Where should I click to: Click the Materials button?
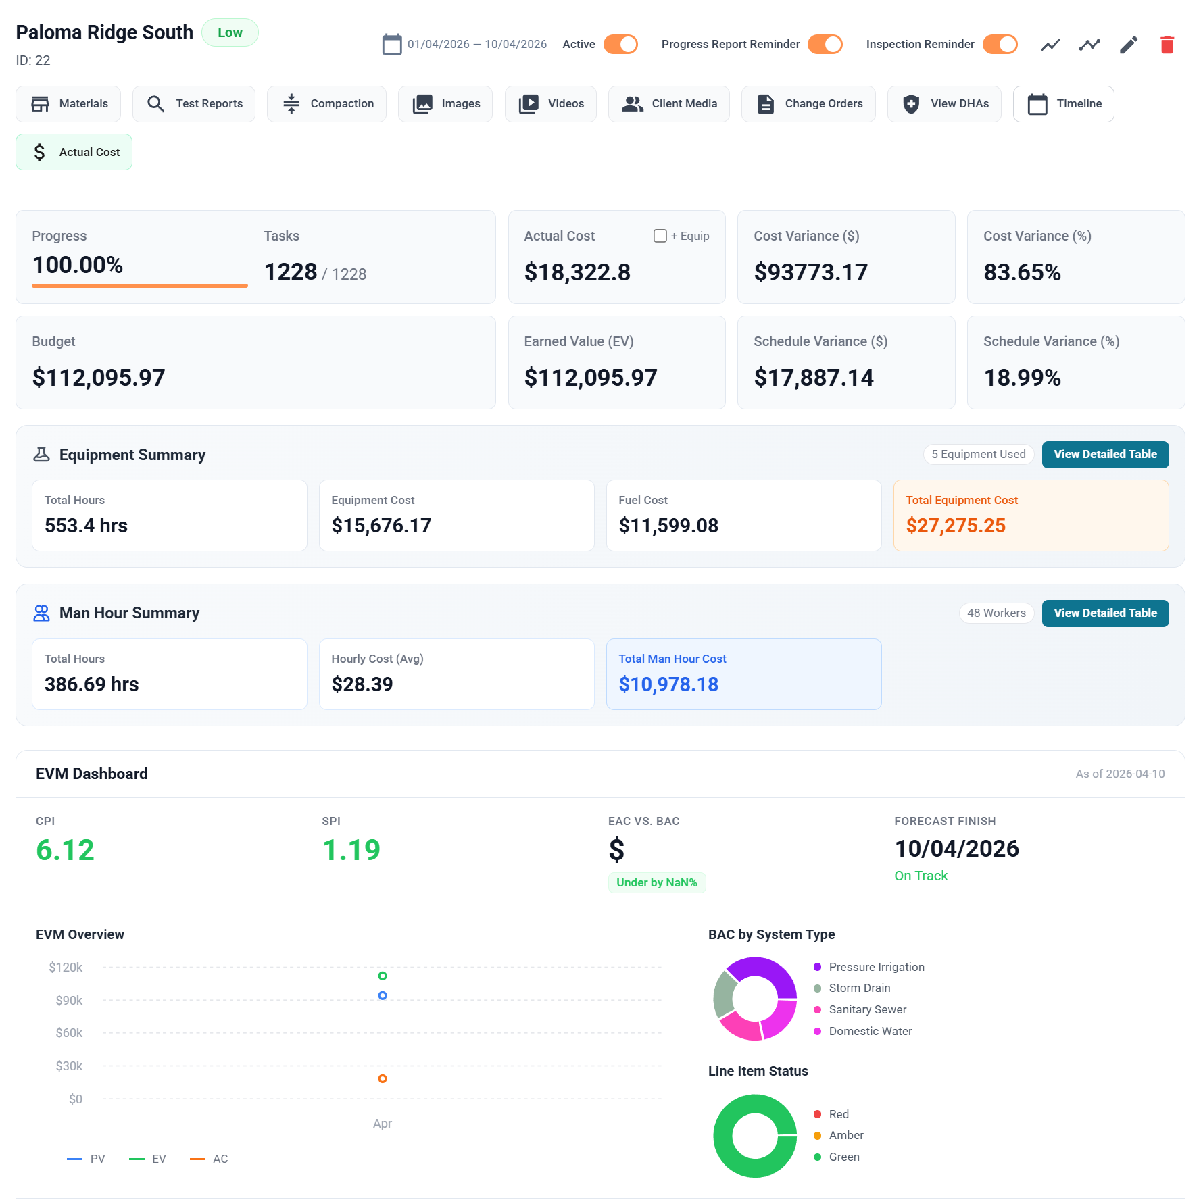click(x=68, y=104)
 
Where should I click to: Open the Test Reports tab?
click(x=194, y=104)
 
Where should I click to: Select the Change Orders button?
click(x=808, y=104)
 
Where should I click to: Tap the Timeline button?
click(x=1064, y=104)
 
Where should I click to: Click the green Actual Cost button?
click(x=74, y=153)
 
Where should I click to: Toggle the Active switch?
click(x=620, y=45)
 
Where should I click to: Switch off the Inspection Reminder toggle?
click(x=1000, y=45)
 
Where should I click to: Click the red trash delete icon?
click(x=1167, y=45)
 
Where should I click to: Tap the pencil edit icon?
click(x=1129, y=45)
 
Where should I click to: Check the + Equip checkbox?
click(x=660, y=236)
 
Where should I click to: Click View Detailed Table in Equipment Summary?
click(x=1105, y=455)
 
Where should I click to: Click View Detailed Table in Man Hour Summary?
click(x=1105, y=613)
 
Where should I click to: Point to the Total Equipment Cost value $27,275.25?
click(x=956, y=526)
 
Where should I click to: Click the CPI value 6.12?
click(x=65, y=850)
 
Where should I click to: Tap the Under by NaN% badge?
click(x=656, y=883)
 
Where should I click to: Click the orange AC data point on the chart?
click(x=383, y=1079)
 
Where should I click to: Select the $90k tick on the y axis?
click(x=69, y=1001)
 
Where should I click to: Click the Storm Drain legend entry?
click(x=859, y=988)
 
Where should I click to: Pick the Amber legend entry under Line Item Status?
click(x=845, y=1136)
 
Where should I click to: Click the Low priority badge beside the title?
click(x=230, y=33)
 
